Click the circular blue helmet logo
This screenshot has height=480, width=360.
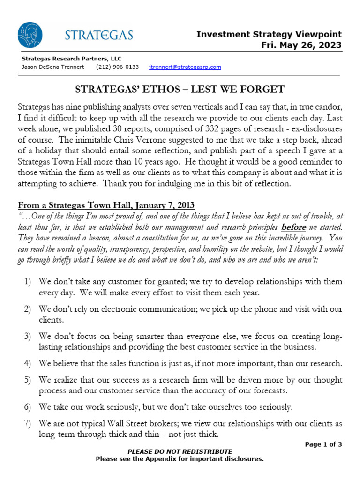[x=30, y=35]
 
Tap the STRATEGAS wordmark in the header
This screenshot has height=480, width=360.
[x=98, y=35]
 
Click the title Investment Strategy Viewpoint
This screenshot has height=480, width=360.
[x=269, y=34]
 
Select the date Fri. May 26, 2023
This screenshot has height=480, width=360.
[x=301, y=45]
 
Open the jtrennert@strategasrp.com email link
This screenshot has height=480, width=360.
[x=185, y=67]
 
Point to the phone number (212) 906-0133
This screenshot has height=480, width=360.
[x=117, y=67]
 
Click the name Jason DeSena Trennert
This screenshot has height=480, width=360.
[x=53, y=67]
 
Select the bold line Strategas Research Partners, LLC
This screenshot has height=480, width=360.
[x=71, y=59]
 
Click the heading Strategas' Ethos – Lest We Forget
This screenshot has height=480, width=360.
[x=180, y=89]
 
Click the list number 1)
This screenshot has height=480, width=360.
[x=27, y=282]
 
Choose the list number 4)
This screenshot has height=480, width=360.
[x=27, y=363]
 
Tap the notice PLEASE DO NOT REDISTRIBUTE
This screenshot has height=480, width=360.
[x=180, y=451]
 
